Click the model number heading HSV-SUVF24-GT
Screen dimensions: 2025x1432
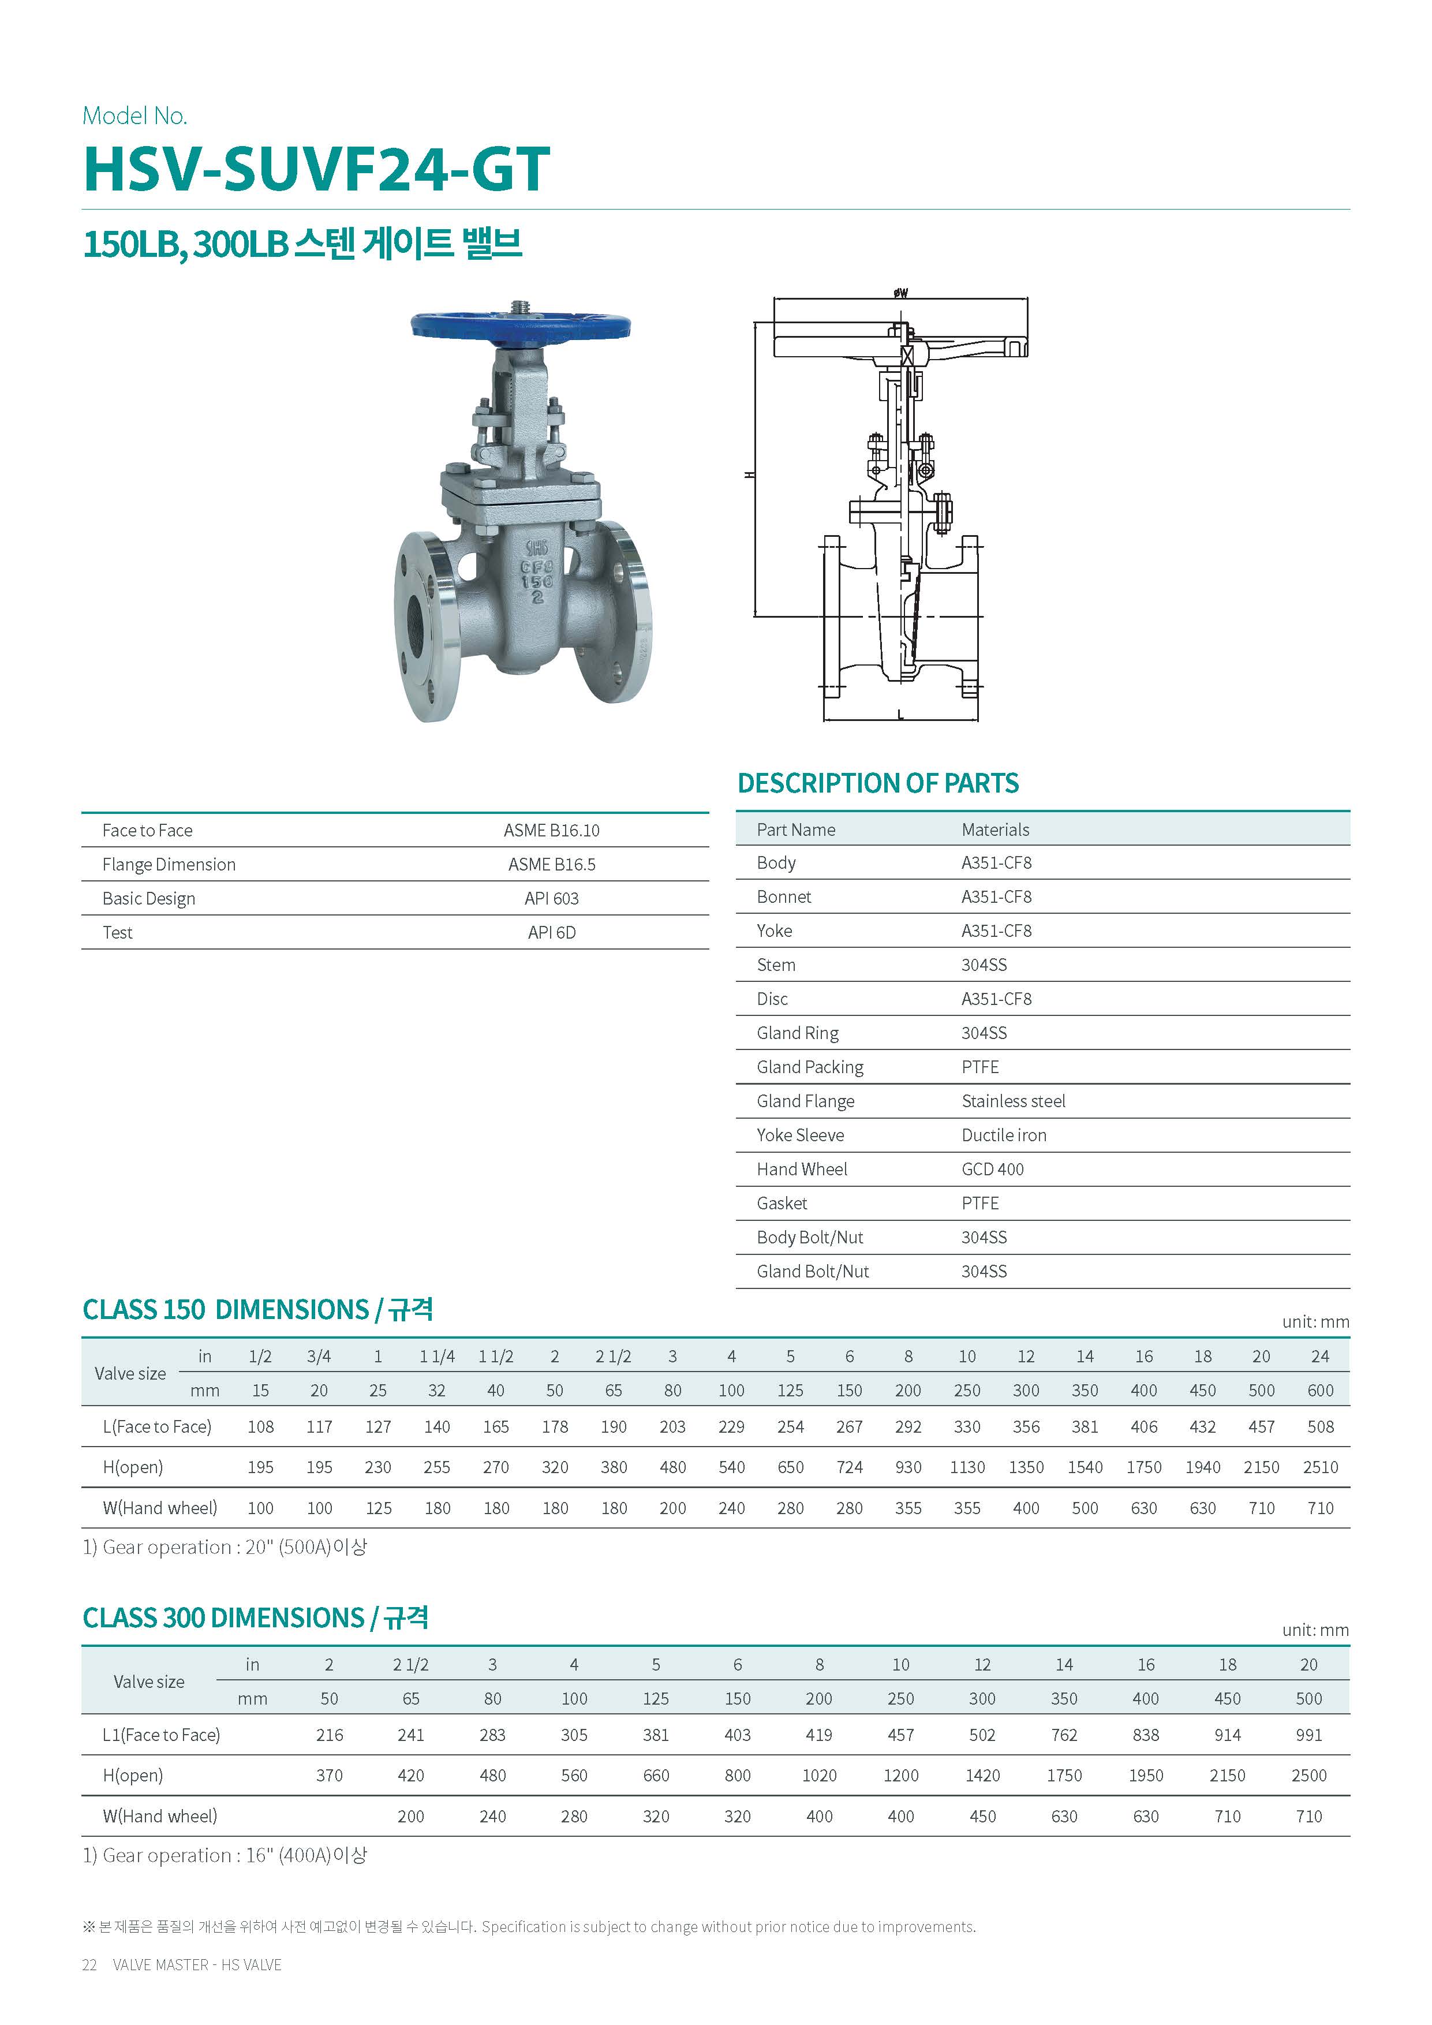(x=316, y=169)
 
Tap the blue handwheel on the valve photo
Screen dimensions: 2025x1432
(x=520, y=326)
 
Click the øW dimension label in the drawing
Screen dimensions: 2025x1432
(x=900, y=293)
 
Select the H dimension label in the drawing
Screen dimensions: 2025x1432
(x=750, y=475)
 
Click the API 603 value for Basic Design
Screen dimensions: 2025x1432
(x=551, y=898)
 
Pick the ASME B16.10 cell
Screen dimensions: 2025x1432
(x=551, y=830)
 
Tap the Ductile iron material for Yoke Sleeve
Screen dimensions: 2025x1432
(x=1004, y=1135)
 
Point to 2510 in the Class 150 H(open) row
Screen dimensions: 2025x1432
(x=1320, y=1467)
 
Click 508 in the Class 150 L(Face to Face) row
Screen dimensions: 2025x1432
(x=1320, y=1426)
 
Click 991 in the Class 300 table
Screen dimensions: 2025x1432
(x=1308, y=1735)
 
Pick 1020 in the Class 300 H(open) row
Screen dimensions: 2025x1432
(x=819, y=1776)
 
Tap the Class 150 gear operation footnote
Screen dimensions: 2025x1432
(x=225, y=1547)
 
